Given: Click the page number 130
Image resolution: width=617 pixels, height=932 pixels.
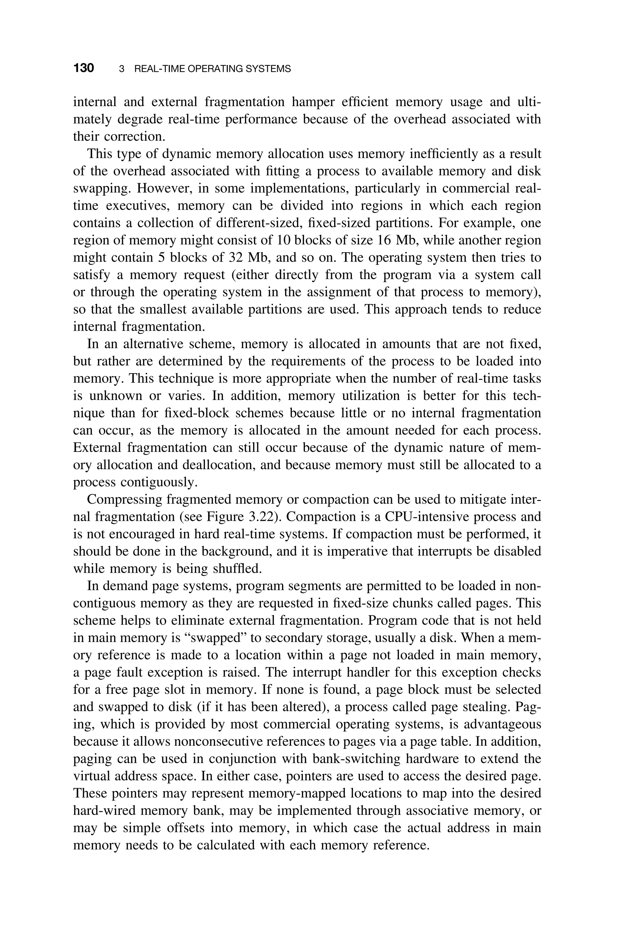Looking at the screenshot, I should [83, 68].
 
